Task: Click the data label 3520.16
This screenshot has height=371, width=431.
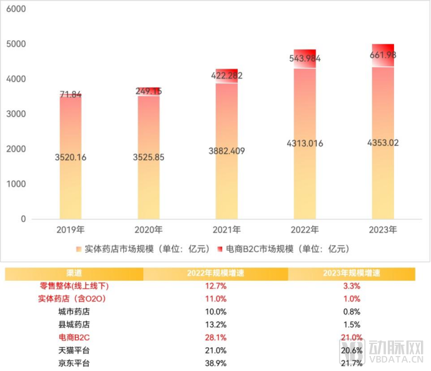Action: (x=69, y=157)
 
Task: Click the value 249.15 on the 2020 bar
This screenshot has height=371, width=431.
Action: (x=149, y=91)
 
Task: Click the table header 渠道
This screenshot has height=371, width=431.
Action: (x=74, y=274)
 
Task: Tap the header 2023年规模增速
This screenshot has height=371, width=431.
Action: (x=352, y=274)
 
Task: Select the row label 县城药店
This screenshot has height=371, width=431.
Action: (x=74, y=324)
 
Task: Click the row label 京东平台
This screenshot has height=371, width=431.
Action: (x=74, y=363)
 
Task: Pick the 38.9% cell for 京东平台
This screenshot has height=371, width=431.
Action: (x=216, y=363)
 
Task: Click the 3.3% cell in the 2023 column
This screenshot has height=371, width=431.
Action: (x=352, y=286)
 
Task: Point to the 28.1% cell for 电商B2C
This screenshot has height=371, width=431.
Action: (x=216, y=337)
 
